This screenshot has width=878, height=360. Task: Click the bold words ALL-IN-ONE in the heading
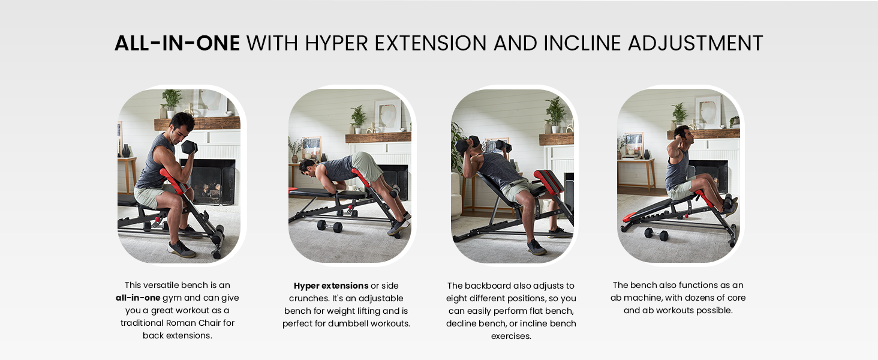coord(177,43)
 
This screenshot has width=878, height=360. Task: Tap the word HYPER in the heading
coord(336,43)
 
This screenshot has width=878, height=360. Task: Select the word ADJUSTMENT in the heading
coord(695,43)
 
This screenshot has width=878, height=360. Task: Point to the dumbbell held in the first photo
coord(190,147)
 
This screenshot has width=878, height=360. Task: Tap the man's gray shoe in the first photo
coord(182,248)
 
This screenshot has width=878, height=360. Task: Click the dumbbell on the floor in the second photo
coord(329,226)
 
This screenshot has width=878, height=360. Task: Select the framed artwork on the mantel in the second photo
coord(387,115)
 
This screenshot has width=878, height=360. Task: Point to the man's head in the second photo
coord(307,168)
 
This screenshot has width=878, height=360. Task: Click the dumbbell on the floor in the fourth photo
coord(657,234)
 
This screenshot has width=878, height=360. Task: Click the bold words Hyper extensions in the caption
coord(331,286)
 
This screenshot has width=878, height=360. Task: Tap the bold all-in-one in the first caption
coord(138,298)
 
